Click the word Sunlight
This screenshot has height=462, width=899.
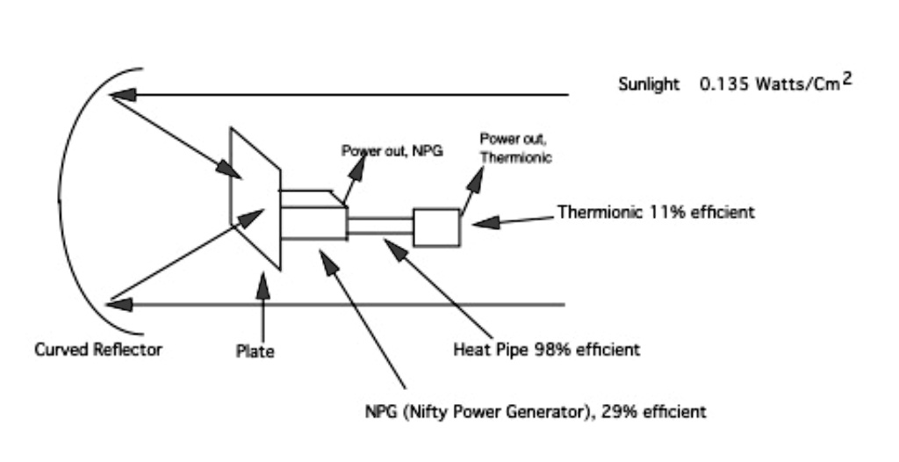(x=649, y=85)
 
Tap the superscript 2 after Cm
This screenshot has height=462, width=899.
(x=847, y=79)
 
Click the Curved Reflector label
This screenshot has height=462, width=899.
(x=98, y=350)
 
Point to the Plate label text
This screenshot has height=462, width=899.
(x=255, y=351)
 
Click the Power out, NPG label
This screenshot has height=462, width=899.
(x=392, y=151)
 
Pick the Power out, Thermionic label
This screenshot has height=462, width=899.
(x=516, y=148)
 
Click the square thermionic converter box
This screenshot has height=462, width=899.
(x=436, y=227)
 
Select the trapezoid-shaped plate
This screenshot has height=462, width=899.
(x=255, y=199)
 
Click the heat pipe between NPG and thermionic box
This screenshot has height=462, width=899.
(x=380, y=226)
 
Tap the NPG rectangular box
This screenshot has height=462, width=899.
(x=313, y=223)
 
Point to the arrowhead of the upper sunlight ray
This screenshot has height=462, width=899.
(x=123, y=95)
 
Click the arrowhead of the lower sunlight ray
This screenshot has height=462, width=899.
(x=119, y=304)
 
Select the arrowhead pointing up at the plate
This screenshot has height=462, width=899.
(x=263, y=285)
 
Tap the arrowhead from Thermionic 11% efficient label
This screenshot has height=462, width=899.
(x=486, y=222)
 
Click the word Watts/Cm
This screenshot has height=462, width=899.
(x=798, y=84)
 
